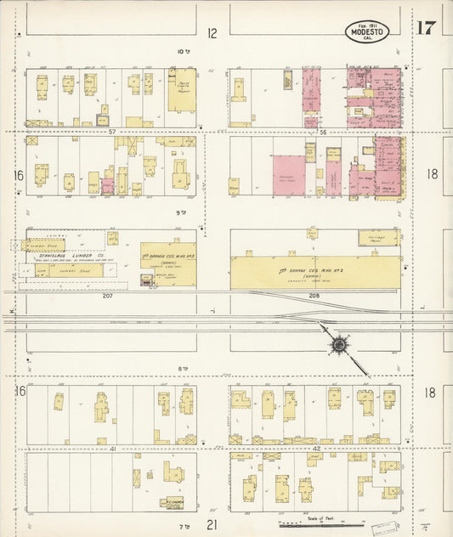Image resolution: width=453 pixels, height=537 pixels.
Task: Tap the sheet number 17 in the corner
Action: (x=427, y=27)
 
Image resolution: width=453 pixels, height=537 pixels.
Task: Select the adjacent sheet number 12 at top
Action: (x=212, y=33)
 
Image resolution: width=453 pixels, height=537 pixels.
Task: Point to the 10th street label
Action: (x=182, y=52)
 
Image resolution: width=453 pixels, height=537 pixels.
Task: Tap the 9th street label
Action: (x=179, y=213)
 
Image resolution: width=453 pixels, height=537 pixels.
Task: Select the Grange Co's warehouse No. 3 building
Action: (x=167, y=264)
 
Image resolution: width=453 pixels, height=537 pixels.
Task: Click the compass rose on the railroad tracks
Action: (x=339, y=344)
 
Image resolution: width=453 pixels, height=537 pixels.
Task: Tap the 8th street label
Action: (x=181, y=368)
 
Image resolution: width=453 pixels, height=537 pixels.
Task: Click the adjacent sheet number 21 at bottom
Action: (x=212, y=525)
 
